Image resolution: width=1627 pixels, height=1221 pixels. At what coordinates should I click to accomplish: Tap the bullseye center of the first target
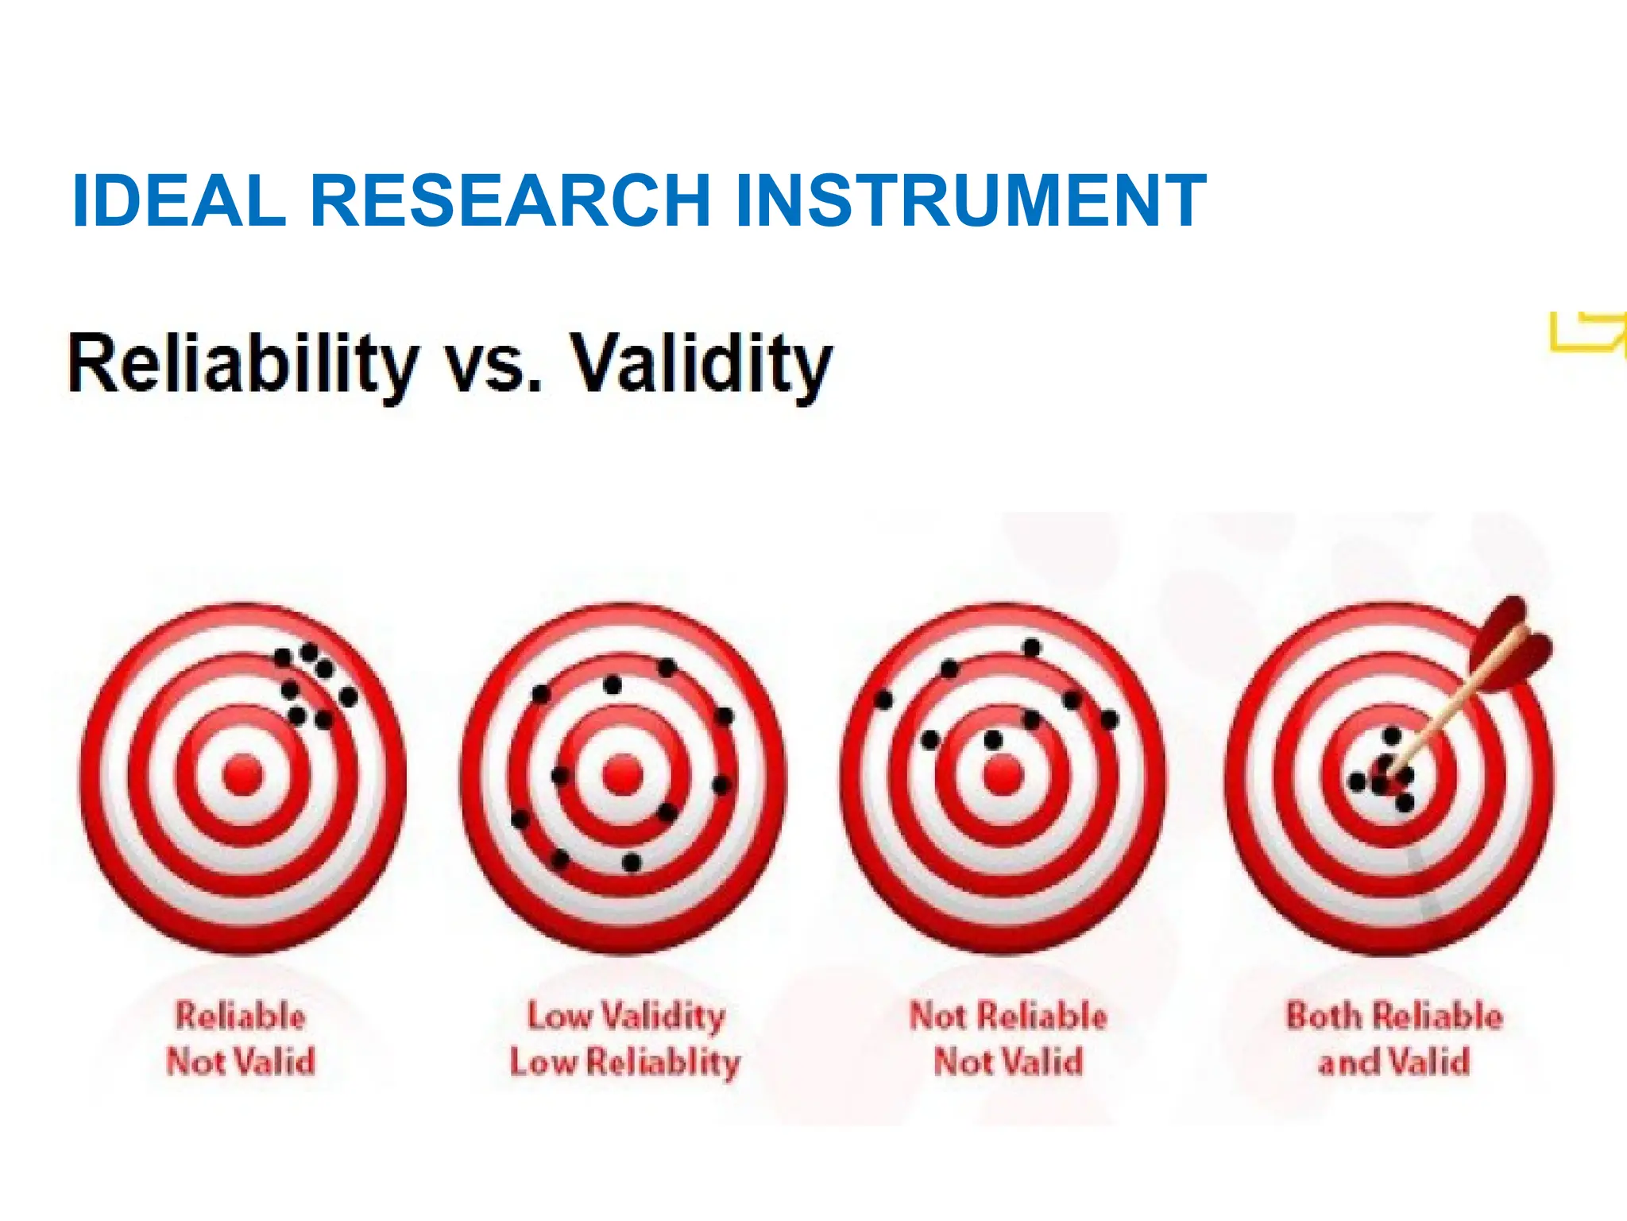(x=242, y=775)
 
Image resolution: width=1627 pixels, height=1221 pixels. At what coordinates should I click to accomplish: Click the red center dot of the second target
(x=623, y=775)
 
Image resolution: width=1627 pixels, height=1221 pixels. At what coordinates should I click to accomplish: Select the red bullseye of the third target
(x=1003, y=775)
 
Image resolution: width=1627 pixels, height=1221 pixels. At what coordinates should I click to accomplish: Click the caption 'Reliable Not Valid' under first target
(x=241, y=1038)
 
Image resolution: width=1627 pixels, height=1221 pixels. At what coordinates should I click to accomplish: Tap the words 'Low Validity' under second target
(x=626, y=1016)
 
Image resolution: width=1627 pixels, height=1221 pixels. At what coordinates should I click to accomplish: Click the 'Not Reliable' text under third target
(x=1007, y=1016)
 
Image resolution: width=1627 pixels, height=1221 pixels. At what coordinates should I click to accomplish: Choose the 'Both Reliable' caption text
(x=1394, y=1016)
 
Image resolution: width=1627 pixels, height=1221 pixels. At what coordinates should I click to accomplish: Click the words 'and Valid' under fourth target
(x=1394, y=1062)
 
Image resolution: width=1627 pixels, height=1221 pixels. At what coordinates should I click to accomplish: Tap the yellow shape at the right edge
(x=1585, y=334)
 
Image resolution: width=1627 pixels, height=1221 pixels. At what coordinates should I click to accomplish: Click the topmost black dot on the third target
(x=1031, y=648)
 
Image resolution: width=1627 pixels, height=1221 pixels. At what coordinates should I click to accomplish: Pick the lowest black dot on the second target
(x=632, y=862)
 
